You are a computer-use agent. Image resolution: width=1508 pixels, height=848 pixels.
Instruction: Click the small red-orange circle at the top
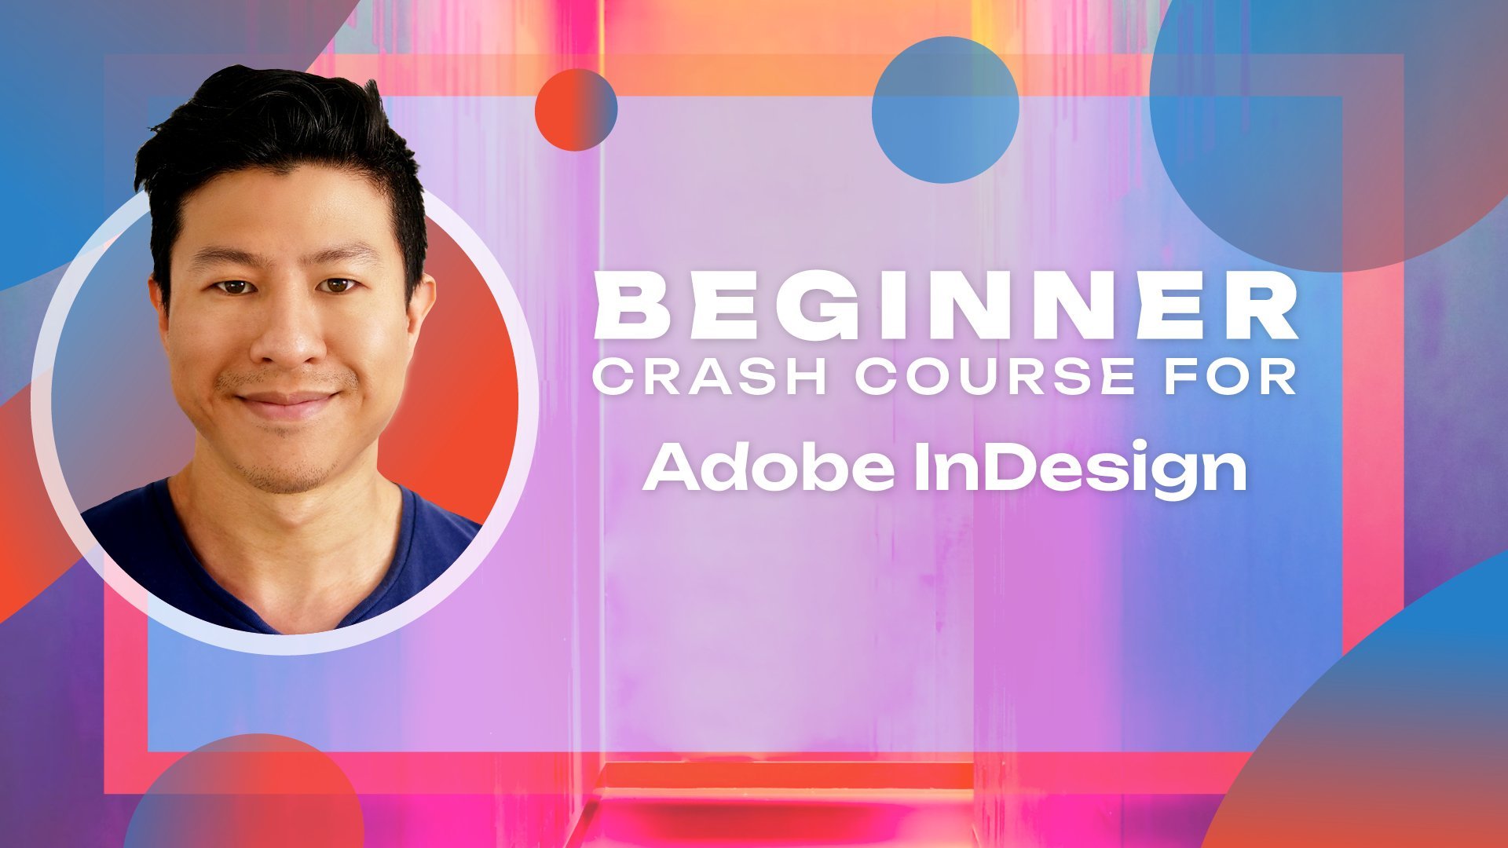(x=576, y=110)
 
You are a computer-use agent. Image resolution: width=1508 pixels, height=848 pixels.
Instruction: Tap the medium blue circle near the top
(x=946, y=110)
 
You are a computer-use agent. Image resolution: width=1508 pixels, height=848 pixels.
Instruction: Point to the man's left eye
(x=340, y=285)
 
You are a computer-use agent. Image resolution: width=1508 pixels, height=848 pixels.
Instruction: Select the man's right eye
(x=233, y=287)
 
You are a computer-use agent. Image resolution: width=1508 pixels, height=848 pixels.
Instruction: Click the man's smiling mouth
(x=287, y=402)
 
